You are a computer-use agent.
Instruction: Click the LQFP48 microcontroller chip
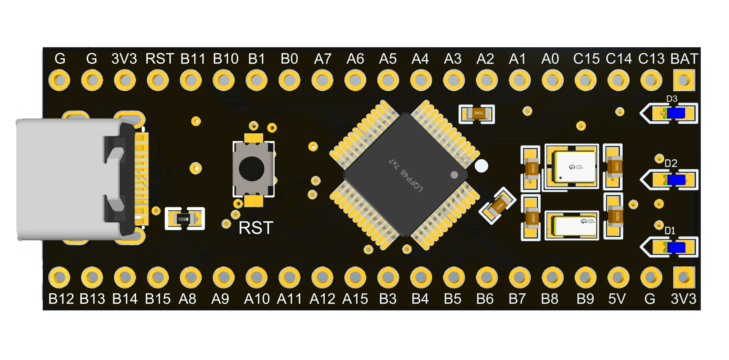coord(405,174)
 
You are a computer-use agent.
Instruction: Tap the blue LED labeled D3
coord(676,113)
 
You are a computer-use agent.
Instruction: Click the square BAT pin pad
coord(684,80)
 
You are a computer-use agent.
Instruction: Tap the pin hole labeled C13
coord(651,80)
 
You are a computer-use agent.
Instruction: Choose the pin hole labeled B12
coord(59,277)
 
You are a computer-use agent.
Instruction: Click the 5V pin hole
coord(618,277)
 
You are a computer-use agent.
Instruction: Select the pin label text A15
coord(355,299)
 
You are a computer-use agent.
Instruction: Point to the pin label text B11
coord(193,59)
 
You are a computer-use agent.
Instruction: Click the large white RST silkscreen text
coord(256,228)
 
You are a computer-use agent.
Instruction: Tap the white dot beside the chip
coord(481,166)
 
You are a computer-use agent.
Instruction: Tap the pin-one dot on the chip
coord(454,175)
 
